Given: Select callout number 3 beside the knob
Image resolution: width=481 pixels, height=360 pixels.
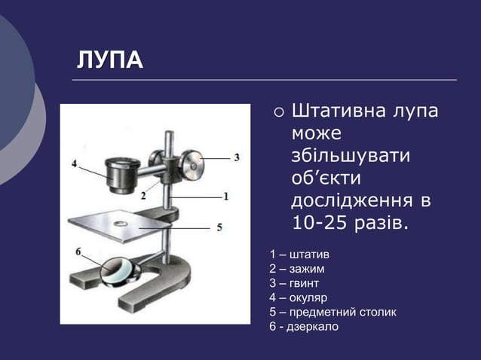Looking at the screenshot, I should tap(236, 157).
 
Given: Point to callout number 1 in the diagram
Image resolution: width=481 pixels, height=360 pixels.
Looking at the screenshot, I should tap(225, 195).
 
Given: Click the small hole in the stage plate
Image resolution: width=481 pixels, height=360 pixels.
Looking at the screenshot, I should tap(120, 224).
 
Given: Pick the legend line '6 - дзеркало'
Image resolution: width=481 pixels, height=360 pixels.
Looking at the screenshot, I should tap(304, 326).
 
